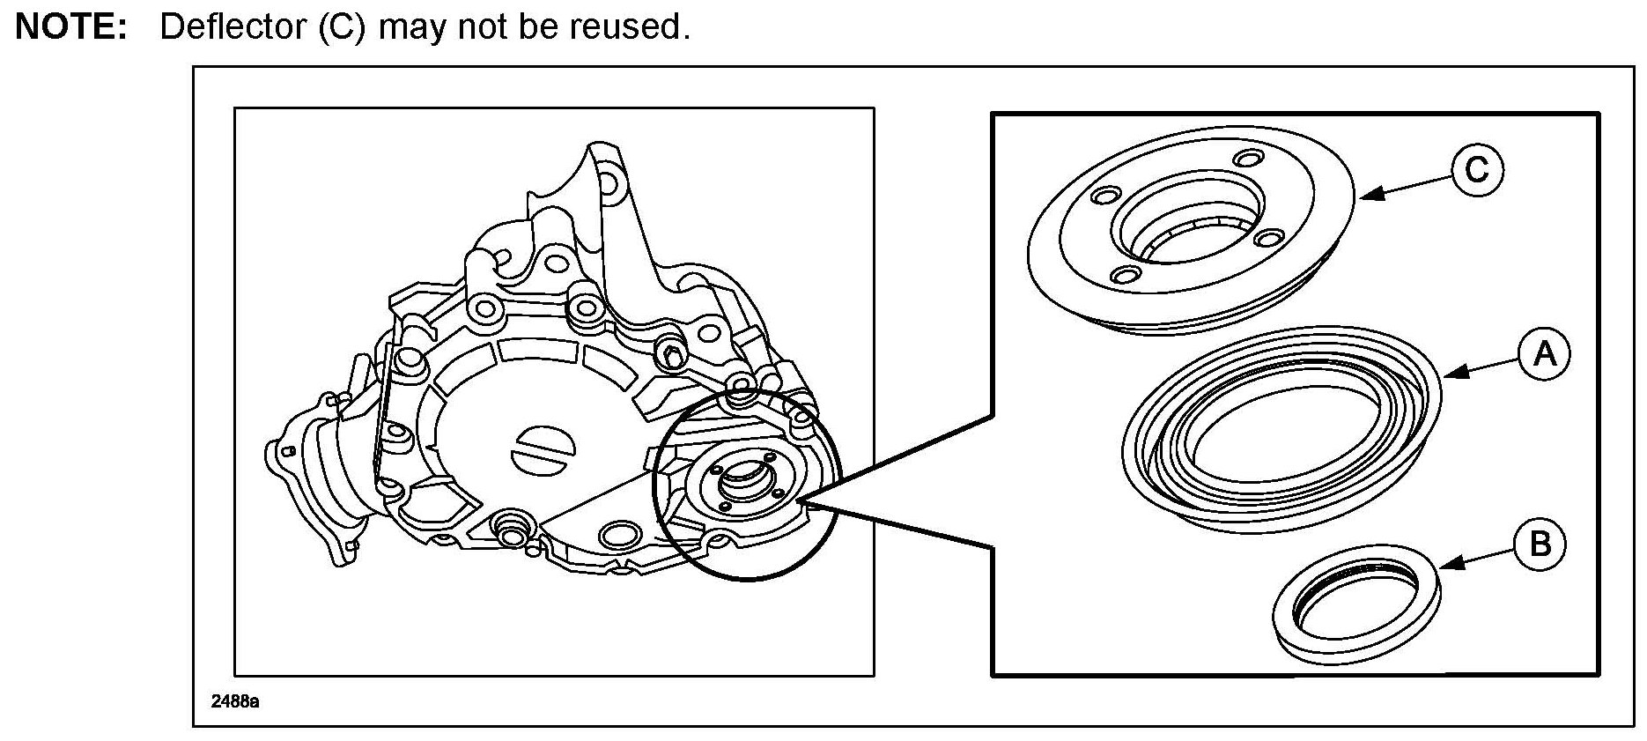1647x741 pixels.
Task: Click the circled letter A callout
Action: click(1544, 353)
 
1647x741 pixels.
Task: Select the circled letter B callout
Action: click(1540, 544)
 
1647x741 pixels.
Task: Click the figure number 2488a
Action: click(234, 702)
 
